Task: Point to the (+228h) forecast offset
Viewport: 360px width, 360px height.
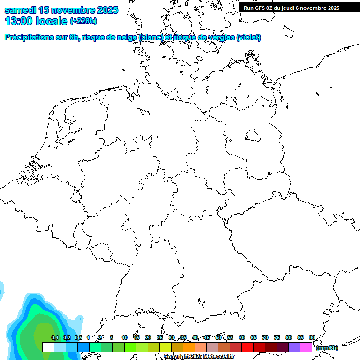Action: tap(83, 21)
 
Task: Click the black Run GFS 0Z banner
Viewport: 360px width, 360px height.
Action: tap(292, 8)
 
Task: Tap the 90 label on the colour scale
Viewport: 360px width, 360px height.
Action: tap(312, 338)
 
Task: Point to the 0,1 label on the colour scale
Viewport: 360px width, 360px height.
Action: tap(55, 338)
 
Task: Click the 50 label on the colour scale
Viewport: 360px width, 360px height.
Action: tap(218, 338)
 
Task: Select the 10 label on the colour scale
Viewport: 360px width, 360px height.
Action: tap(125, 338)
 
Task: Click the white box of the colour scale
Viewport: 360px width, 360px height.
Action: tap(48, 347)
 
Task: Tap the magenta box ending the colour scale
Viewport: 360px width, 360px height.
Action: tap(306, 347)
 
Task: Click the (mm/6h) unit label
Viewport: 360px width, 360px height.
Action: tap(327, 348)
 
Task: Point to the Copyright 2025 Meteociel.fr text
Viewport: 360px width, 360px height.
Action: tap(199, 357)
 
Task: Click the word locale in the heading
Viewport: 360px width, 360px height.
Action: tap(52, 21)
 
